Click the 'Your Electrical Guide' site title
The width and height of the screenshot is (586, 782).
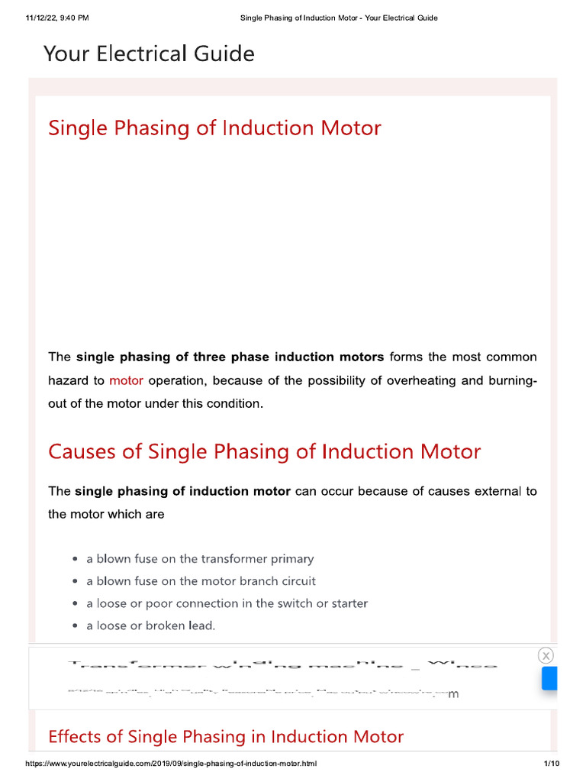(149, 54)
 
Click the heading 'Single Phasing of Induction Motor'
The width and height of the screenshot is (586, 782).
(214, 128)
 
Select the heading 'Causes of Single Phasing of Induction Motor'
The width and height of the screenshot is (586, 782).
(264, 451)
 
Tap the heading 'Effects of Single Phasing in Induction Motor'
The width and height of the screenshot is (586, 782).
(225, 736)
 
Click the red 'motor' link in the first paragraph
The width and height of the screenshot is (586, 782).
(126, 380)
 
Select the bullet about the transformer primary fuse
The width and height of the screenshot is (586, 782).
(200, 559)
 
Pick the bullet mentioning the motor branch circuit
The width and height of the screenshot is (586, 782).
(201, 581)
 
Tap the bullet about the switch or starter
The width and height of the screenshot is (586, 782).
(227, 603)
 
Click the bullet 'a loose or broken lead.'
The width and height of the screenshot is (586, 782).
(151, 625)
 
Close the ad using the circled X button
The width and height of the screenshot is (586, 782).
(546, 655)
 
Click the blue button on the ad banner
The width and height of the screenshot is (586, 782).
(549, 678)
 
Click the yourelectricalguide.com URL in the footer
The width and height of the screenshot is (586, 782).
(171, 764)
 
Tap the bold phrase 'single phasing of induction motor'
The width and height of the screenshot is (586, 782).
(182, 491)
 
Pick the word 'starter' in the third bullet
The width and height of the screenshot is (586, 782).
(349, 603)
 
